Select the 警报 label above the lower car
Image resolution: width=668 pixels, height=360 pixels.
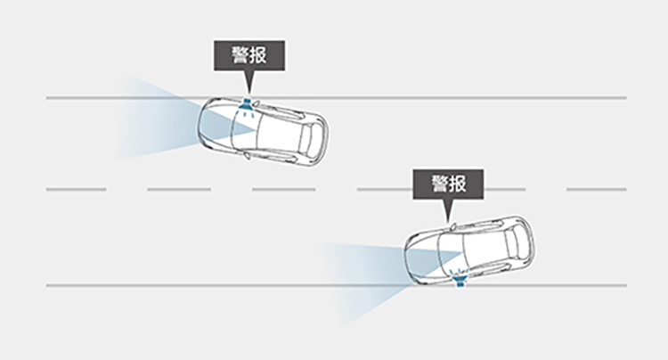coord(450,184)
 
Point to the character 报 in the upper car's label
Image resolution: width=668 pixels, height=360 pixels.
coord(261,54)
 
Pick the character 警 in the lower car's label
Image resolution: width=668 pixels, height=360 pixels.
coord(439,184)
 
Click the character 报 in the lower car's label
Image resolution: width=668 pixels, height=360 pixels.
coord(460,184)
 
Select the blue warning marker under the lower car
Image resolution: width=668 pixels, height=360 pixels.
coord(460,281)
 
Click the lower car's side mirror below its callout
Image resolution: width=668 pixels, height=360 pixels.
coord(452,227)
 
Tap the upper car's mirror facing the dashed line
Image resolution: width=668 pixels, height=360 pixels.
coord(247,157)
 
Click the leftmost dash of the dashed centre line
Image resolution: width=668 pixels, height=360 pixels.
coord(76,189)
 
